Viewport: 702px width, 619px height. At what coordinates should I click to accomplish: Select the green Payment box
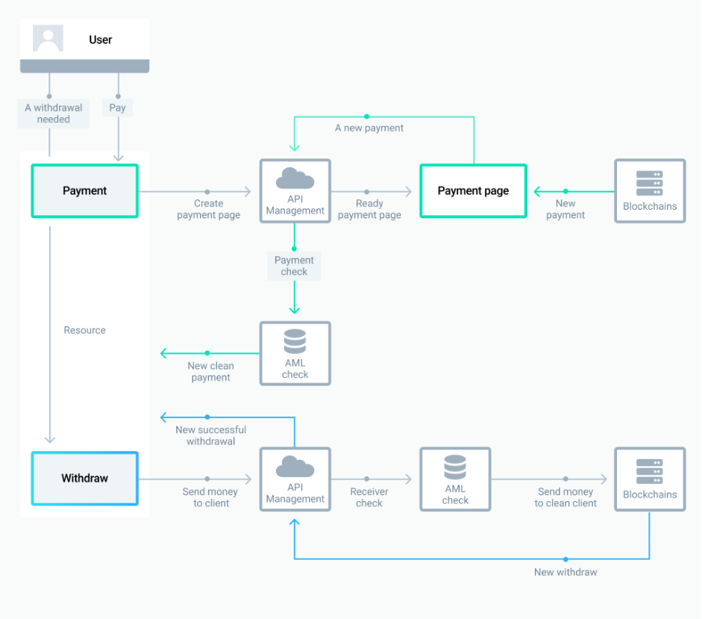pos(84,191)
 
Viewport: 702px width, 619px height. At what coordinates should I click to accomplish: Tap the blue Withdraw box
pos(84,479)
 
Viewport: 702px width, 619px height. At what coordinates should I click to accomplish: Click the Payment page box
pos(473,191)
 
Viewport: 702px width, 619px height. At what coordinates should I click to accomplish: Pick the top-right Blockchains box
pos(649,191)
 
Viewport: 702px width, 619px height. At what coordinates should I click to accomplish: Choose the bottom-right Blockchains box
pos(649,479)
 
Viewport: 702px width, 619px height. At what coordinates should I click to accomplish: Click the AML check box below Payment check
pos(295,353)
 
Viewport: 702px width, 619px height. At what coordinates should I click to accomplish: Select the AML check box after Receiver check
pos(455,479)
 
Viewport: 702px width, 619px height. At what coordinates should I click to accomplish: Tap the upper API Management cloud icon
pos(295,179)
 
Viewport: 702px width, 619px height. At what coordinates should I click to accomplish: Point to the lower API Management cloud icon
pos(295,467)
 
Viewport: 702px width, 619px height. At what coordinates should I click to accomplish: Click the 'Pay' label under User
pos(117,108)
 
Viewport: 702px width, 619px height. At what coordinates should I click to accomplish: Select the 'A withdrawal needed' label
pos(54,113)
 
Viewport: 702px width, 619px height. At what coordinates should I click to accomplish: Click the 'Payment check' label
pos(294,266)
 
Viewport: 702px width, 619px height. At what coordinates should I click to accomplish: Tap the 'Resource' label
pos(84,330)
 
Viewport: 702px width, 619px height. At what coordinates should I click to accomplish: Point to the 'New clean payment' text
pos(210,372)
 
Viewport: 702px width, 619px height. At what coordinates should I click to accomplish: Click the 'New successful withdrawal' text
pos(210,435)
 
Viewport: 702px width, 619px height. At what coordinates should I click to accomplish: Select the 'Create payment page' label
pos(208,209)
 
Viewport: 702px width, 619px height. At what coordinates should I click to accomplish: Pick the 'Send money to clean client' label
pos(565,497)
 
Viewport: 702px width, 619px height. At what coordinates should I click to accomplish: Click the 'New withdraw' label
pos(565,572)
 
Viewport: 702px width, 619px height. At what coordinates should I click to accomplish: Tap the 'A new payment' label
pos(369,128)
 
